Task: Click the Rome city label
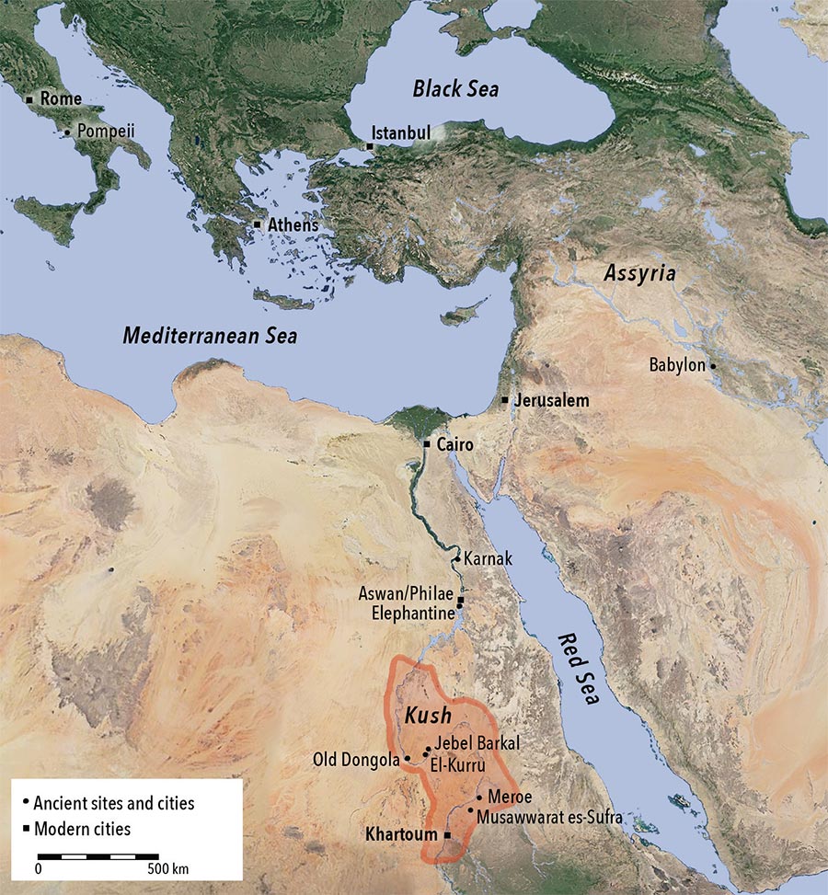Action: [61, 98]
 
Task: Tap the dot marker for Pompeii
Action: [67, 132]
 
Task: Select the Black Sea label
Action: [455, 89]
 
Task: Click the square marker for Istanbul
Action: [370, 146]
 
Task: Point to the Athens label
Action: [293, 224]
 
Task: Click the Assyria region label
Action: [639, 273]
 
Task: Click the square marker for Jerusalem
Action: [505, 400]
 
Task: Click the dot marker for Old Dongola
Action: [408, 760]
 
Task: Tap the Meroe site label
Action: [510, 797]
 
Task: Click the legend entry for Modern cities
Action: [83, 829]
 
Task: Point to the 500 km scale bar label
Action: [167, 868]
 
